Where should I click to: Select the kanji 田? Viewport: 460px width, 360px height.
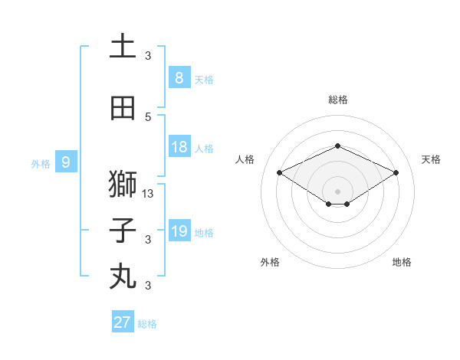(x=123, y=109)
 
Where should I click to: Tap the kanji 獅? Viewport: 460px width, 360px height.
(x=123, y=185)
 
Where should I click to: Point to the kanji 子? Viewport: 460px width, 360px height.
(x=123, y=231)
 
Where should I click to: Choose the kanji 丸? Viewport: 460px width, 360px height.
(x=123, y=276)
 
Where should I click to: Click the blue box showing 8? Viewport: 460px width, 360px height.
(x=179, y=77)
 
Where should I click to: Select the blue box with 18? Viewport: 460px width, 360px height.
(x=179, y=147)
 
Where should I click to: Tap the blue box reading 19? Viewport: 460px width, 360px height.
(x=179, y=231)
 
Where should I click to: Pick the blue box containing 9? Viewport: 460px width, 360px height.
(x=66, y=162)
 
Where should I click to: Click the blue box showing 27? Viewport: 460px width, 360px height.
(x=123, y=322)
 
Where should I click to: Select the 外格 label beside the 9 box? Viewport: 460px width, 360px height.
(x=41, y=163)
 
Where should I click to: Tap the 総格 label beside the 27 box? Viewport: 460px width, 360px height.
(x=147, y=324)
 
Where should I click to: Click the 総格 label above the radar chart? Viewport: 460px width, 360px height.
(x=337, y=100)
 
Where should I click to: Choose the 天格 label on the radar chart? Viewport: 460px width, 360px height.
(x=432, y=159)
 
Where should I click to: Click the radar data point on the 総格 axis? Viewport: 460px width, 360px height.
(x=337, y=146)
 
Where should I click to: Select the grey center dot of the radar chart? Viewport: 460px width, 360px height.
(x=337, y=191)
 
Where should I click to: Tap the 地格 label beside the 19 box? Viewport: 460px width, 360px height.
(x=204, y=232)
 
